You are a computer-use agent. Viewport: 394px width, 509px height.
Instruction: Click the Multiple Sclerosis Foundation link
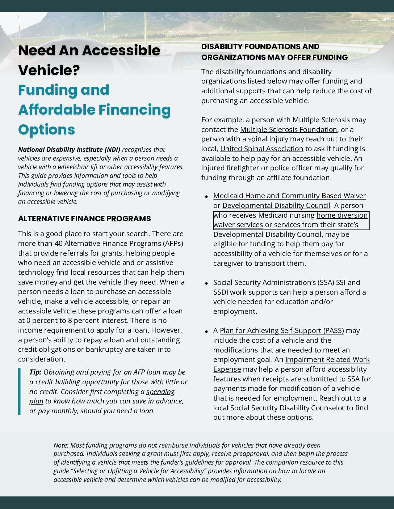coord(288,129)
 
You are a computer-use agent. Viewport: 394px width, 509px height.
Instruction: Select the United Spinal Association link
coord(261,149)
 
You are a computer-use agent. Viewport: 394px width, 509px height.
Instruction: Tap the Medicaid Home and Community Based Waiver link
coord(289,196)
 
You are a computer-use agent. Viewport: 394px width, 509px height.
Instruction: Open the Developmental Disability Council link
coord(276,205)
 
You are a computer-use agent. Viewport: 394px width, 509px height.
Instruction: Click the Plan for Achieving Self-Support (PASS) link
coord(281,330)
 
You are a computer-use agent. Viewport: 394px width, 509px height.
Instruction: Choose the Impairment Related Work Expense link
coord(327,360)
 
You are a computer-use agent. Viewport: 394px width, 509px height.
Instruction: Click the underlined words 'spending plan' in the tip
coord(160,392)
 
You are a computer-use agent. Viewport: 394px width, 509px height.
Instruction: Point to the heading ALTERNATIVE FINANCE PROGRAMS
coord(84,219)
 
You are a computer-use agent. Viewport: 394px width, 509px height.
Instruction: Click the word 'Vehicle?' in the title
coord(49,70)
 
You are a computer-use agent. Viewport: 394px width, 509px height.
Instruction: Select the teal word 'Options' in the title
coord(46,130)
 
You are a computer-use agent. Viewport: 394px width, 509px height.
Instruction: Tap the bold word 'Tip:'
coord(35,372)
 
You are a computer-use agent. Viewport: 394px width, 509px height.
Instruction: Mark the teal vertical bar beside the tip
coord(19,391)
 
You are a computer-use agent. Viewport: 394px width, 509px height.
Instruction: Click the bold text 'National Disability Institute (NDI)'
coord(69,150)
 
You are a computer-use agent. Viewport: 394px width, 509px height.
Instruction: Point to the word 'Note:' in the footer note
coord(61,445)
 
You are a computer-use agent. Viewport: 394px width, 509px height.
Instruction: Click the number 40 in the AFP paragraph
coord(59,243)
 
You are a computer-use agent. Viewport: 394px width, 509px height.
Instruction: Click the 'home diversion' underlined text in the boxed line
coord(342,215)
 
